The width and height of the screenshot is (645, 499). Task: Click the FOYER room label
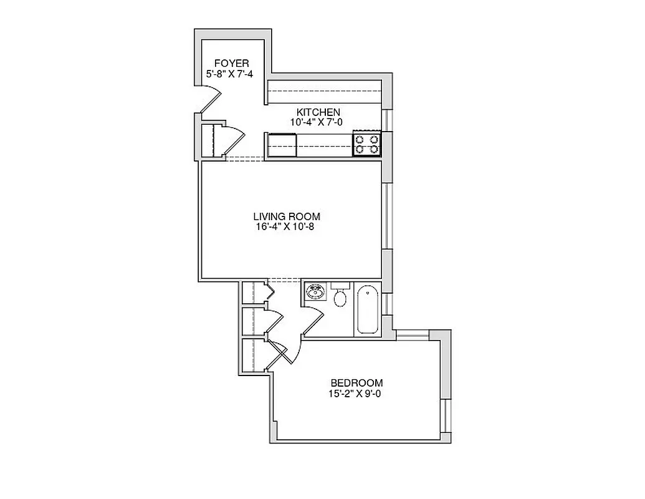coord(231,63)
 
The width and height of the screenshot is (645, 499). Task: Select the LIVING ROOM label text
coord(287,216)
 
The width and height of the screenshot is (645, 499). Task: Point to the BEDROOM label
coord(356,383)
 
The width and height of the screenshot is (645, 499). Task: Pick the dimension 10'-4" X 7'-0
coord(317,122)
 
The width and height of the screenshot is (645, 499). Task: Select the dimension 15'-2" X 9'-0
coord(356,394)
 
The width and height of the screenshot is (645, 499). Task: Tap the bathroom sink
coord(316,291)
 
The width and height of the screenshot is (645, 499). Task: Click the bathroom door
coord(313,321)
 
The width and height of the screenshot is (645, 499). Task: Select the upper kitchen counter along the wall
coord(324,92)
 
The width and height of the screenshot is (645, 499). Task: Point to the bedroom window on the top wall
coord(413,335)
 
